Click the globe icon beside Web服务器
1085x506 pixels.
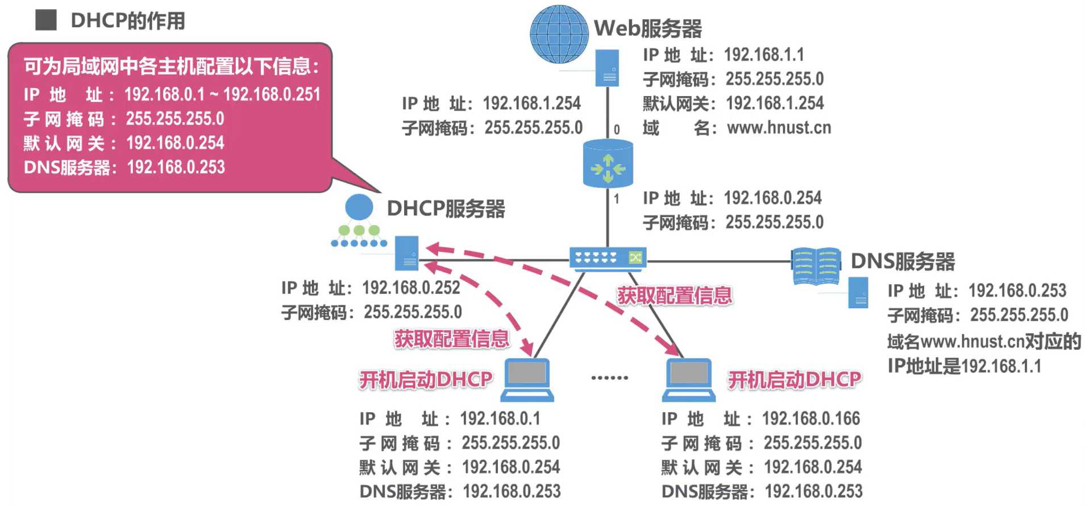(559, 34)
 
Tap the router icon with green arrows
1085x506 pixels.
(608, 165)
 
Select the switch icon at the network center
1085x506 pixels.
(608, 258)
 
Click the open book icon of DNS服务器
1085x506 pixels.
(816, 266)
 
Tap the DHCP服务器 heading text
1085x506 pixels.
(446, 209)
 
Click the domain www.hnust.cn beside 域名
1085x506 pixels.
(779, 128)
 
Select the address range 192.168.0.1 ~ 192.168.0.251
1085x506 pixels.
(222, 94)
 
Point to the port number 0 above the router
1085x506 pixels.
(617, 130)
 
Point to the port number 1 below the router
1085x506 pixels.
(617, 199)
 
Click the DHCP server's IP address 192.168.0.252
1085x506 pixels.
(411, 288)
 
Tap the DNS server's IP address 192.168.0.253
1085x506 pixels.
(1017, 291)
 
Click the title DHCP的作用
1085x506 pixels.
(128, 21)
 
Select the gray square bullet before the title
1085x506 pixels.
(46, 20)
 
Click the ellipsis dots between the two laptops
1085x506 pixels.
(609, 378)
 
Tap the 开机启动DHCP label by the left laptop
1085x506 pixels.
(425, 379)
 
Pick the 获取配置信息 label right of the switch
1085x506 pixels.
(675, 296)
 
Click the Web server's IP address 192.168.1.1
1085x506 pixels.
(764, 55)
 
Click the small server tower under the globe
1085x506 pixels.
(607, 68)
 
